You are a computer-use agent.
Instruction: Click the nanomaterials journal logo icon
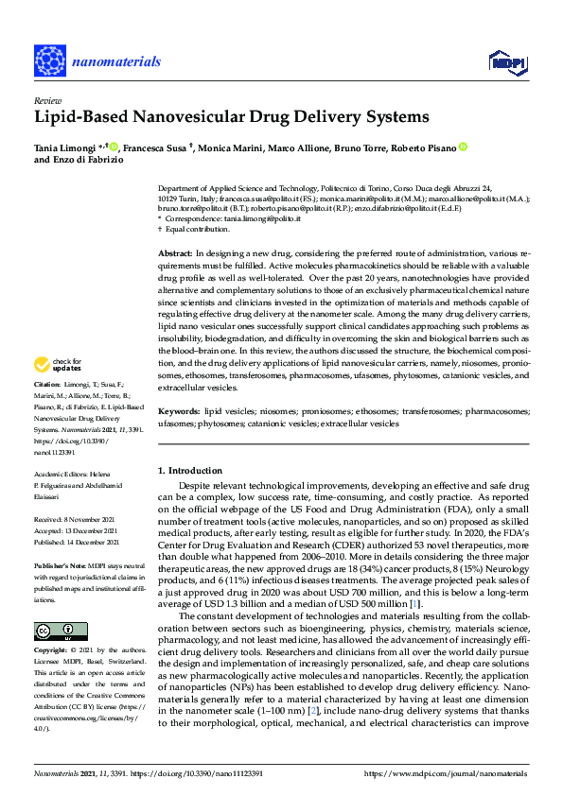pyautogui.click(x=48, y=60)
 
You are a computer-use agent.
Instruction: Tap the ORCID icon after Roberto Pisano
pyautogui.click(x=463, y=147)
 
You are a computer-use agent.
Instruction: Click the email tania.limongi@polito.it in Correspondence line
pyautogui.click(x=261, y=218)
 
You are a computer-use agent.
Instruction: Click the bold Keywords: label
pyautogui.click(x=180, y=412)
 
